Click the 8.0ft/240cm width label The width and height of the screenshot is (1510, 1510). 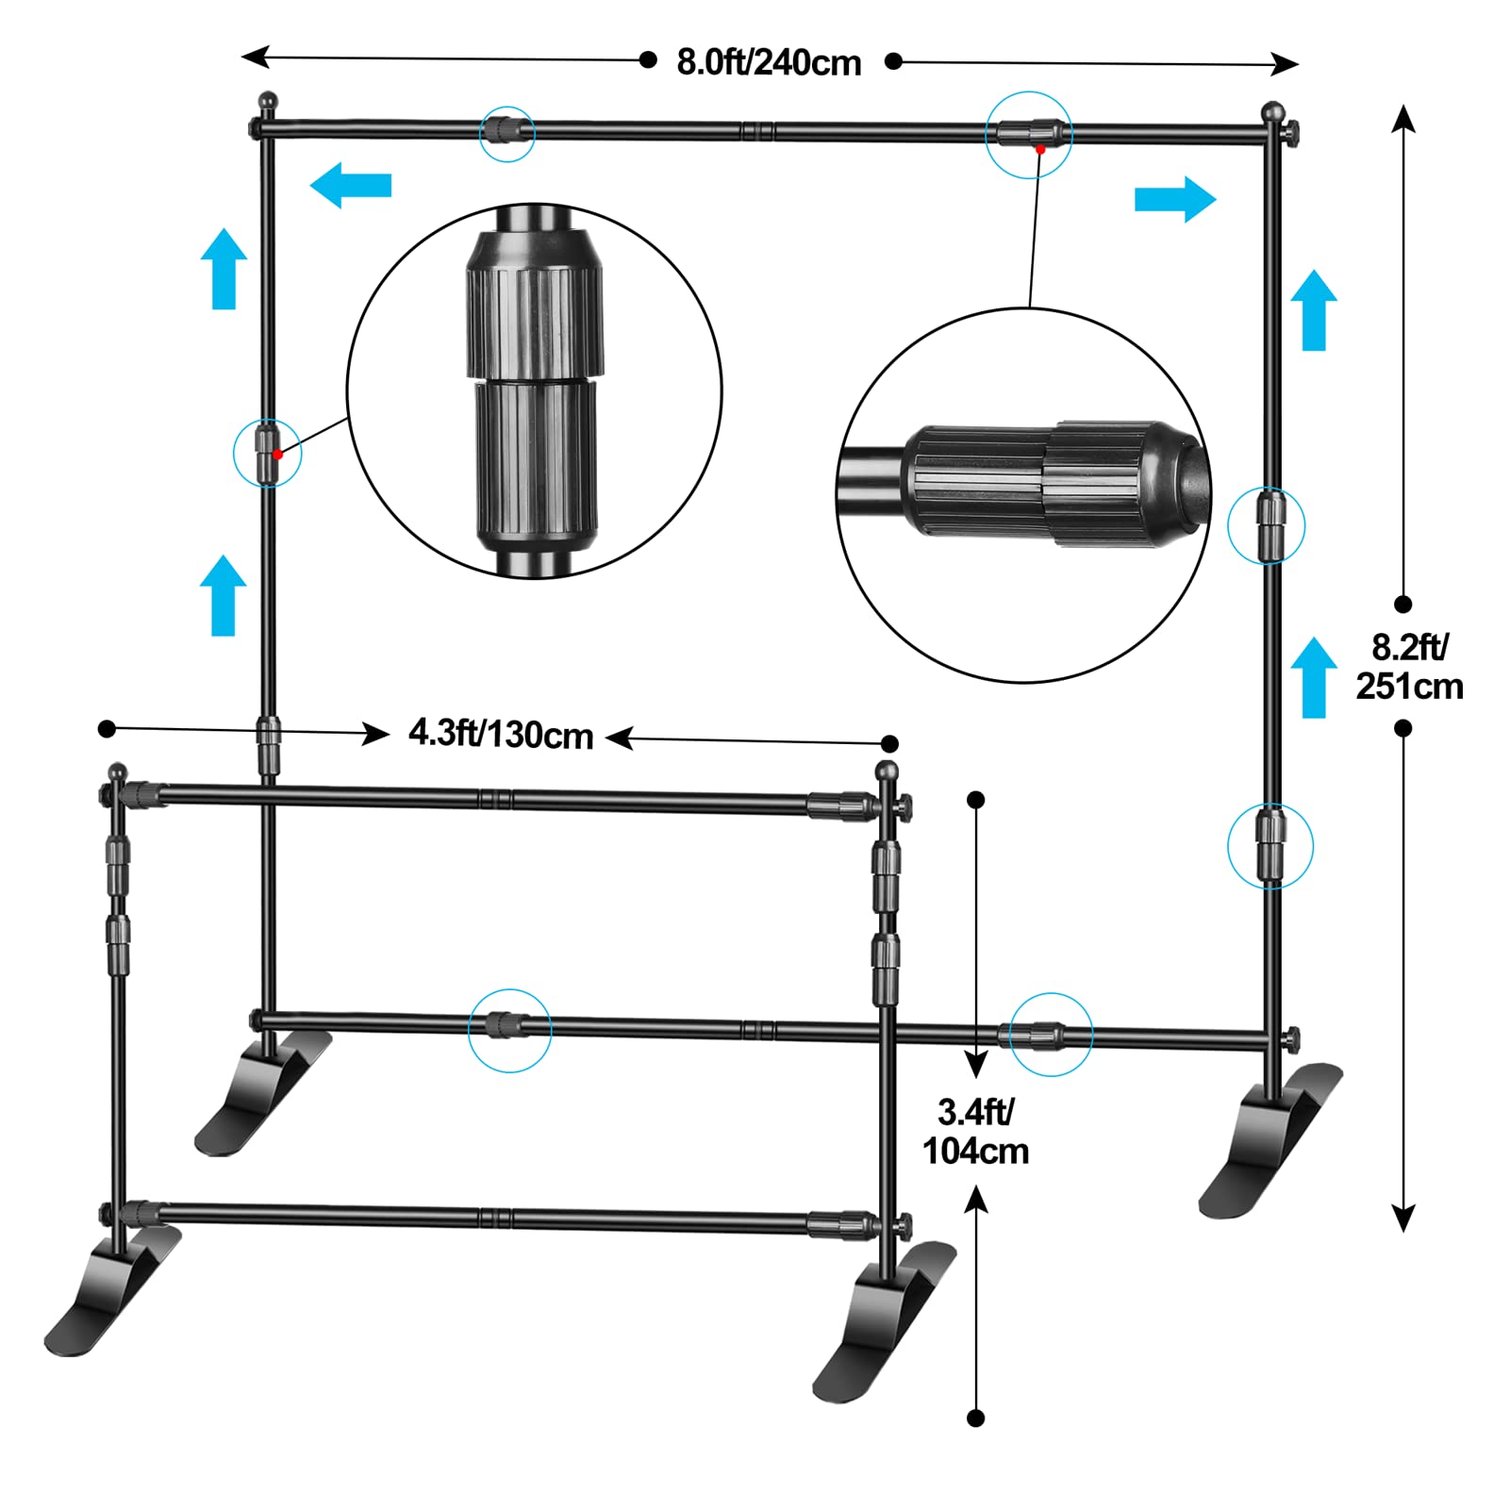click(x=769, y=63)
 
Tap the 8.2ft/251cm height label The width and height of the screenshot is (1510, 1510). click(x=1409, y=667)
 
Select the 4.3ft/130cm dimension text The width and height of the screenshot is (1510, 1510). click(x=501, y=734)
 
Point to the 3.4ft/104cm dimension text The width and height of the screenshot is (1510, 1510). click(x=975, y=1132)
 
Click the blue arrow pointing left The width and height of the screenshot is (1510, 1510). click(x=350, y=185)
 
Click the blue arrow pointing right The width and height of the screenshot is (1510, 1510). click(x=1175, y=200)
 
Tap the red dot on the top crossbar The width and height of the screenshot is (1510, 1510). click(x=1039, y=149)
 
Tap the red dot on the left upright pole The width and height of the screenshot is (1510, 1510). click(x=278, y=455)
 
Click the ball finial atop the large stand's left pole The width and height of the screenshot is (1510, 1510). click(x=268, y=100)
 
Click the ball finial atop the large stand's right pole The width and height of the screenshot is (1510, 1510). click(x=1272, y=112)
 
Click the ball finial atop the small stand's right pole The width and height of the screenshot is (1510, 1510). click(x=887, y=771)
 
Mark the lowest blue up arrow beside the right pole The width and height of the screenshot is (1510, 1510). click(x=1313, y=677)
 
